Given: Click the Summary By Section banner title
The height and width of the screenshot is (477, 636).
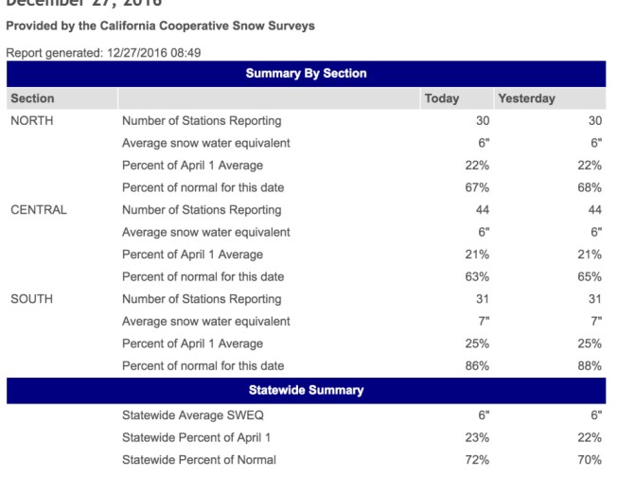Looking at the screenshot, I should (x=306, y=73).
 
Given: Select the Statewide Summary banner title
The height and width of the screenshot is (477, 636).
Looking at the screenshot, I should (x=306, y=390).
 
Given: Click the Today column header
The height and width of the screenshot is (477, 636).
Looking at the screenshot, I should (x=442, y=98).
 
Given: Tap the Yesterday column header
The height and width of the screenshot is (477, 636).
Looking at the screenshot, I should (x=526, y=98).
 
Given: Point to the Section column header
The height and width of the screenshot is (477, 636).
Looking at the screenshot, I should (x=32, y=98).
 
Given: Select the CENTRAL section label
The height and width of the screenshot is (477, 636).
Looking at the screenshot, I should (x=38, y=210).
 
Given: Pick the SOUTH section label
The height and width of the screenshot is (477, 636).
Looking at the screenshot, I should (x=31, y=299).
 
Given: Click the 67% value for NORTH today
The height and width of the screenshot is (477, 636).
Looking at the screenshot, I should (x=476, y=187).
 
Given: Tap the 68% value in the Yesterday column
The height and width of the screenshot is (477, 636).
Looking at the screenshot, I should (x=590, y=187).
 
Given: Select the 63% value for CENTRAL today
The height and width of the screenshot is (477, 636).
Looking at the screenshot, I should (x=476, y=276).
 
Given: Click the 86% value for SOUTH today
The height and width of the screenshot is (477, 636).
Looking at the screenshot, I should (x=476, y=365).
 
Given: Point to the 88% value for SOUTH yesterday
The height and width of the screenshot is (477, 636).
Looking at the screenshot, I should (x=590, y=365).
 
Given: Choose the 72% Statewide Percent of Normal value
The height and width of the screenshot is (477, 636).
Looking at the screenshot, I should (x=476, y=460).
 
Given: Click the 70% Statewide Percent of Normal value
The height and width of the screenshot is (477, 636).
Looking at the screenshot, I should (x=590, y=460).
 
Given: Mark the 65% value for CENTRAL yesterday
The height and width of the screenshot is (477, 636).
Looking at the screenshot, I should (x=590, y=276).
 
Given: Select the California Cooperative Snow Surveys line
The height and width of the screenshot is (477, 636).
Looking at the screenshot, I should (x=160, y=26).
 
